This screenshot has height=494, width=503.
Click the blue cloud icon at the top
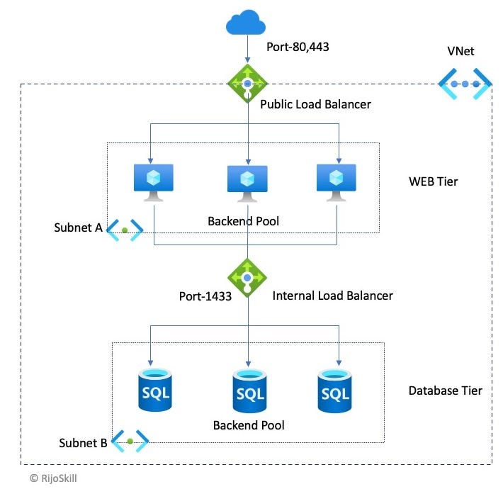[x=247, y=23]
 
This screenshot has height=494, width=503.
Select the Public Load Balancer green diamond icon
[x=247, y=84]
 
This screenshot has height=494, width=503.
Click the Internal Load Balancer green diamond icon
[x=247, y=276]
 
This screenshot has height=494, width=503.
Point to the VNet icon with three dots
[x=465, y=84]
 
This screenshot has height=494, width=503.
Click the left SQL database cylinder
[x=154, y=389]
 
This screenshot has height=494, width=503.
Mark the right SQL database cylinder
[x=334, y=389]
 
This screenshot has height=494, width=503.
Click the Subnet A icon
[x=125, y=230]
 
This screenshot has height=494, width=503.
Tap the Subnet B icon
[x=130, y=442]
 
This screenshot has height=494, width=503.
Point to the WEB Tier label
[x=434, y=181]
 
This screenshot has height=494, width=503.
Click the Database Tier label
[x=445, y=391]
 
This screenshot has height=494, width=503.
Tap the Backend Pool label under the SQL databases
[x=249, y=425]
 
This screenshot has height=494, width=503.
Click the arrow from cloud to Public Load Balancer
[x=247, y=51]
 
